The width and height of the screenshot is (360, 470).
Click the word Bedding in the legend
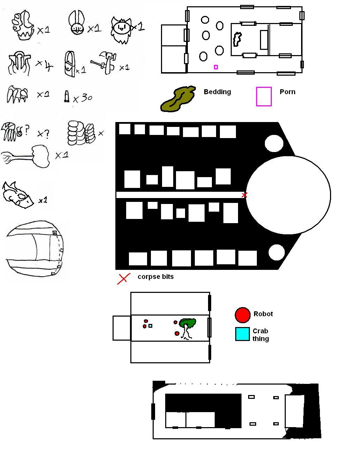coord(217,92)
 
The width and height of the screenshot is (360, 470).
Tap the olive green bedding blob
coord(178,99)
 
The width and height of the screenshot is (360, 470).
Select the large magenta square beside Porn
coord(263,97)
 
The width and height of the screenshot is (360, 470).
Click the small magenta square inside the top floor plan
coord(216,67)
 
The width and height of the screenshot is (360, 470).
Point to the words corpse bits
coord(155,276)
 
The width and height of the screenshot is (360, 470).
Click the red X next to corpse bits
coord(124,279)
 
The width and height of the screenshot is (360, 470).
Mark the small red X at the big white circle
coord(244,195)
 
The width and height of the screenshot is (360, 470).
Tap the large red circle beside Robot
coord(243,315)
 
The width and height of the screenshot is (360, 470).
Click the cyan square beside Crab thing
coord(242,334)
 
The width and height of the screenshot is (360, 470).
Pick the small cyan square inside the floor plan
coord(150,326)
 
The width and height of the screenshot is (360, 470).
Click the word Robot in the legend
coord(263,314)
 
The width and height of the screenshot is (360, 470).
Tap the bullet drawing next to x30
coord(67,96)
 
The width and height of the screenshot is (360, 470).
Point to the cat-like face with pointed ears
coord(121,30)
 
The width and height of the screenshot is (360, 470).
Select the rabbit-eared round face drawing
coord(76,23)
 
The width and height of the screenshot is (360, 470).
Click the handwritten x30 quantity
coord(82,98)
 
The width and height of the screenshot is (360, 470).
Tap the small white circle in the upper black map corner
coord(274,143)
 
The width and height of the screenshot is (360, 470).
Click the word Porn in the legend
coord(288,92)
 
